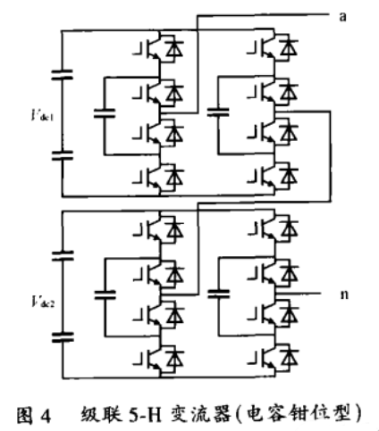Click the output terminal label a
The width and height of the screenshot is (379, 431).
[x=343, y=17]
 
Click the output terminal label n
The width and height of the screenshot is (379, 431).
[x=344, y=294]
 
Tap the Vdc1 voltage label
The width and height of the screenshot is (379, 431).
[x=43, y=115]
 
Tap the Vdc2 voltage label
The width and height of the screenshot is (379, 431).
[x=43, y=302]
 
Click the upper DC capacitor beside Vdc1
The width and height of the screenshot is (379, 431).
[x=62, y=75]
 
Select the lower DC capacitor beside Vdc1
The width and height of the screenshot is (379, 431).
[x=63, y=155]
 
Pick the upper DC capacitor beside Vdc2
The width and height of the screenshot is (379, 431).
[x=63, y=256]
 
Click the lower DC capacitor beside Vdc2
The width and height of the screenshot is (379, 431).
[x=63, y=337]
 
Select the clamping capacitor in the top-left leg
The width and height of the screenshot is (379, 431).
[x=105, y=113]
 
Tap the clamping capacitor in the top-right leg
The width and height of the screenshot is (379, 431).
[x=218, y=112]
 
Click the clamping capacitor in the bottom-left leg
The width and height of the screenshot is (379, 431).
[x=105, y=294]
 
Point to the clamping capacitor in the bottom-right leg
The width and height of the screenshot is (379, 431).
[x=219, y=294]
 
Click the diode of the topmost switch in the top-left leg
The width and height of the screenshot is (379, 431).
[x=174, y=48]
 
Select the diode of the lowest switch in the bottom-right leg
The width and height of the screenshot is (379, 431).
[x=290, y=358]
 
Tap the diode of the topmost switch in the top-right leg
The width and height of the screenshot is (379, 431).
[x=289, y=48]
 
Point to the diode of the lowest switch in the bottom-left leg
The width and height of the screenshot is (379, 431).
[x=175, y=359]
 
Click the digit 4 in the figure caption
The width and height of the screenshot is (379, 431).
[x=45, y=416]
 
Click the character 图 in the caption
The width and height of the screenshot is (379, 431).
[x=24, y=416]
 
